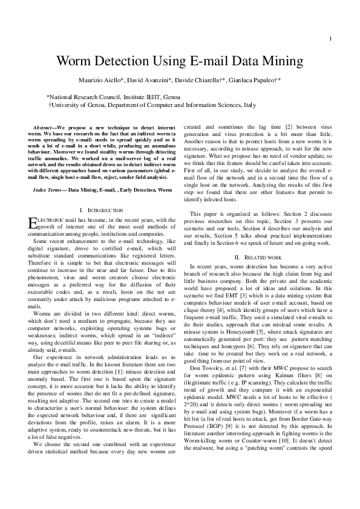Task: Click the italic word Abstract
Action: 45,128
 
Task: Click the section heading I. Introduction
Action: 106,210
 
